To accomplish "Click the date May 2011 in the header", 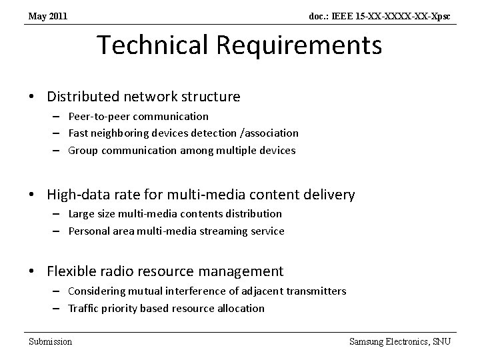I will [x=47, y=15].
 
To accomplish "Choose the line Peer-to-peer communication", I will [x=138, y=116].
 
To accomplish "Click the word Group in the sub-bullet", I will [x=83, y=151].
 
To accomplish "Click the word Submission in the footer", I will [x=50, y=341].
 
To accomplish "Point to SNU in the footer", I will [x=441, y=341].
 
